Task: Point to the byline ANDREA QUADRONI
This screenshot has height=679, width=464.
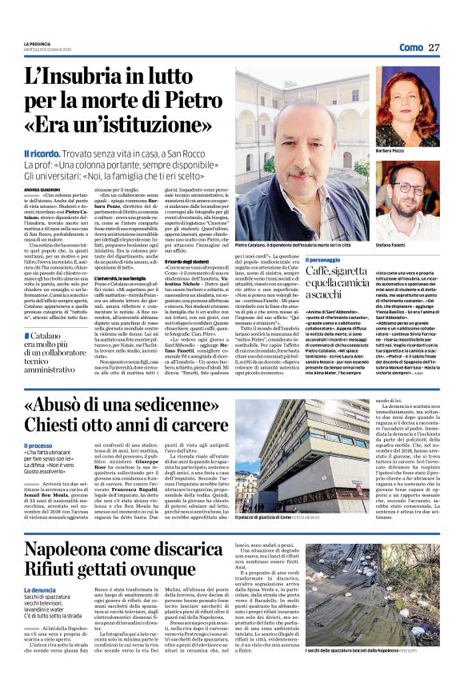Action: coord(43,188)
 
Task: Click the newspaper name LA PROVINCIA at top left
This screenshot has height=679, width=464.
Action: coord(37,45)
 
